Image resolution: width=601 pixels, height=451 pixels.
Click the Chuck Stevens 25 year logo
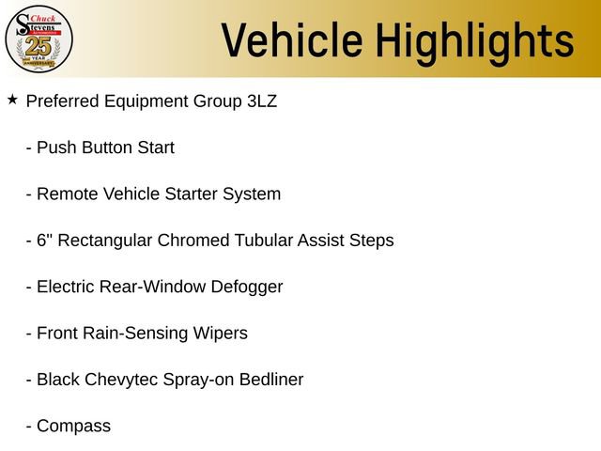click(x=39, y=39)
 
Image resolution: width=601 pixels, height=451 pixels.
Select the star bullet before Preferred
click(x=12, y=99)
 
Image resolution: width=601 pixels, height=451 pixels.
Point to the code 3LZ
click(x=261, y=101)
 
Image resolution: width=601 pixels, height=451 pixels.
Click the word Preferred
click(x=62, y=101)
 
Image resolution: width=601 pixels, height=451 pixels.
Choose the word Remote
click(x=67, y=194)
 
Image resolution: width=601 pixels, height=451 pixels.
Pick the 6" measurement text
click(x=43, y=241)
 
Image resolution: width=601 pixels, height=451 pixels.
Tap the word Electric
click(x=65, y=288)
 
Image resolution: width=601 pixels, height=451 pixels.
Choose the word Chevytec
click(x=122, y=380)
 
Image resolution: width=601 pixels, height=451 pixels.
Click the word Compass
click(x=73, y=427)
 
